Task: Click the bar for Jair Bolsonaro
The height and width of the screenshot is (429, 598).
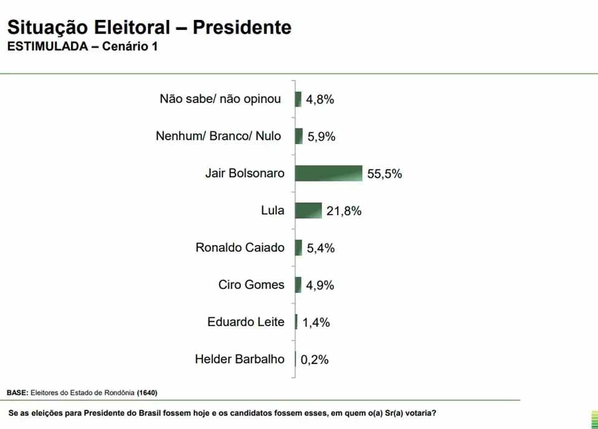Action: (328, 173)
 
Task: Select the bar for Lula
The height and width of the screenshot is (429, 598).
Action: (308, 211)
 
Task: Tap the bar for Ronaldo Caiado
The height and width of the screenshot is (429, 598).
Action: (299, 248)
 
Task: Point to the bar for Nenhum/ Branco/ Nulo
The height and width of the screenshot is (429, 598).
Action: (299, 136)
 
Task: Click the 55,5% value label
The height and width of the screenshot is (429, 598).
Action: (384, 174)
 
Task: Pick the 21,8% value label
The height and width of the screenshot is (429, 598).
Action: (344, 211)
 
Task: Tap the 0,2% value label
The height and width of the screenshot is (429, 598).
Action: (315, 360)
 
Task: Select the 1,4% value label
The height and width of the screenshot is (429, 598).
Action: (316, 322)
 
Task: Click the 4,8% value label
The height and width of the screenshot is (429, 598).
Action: (320, 99)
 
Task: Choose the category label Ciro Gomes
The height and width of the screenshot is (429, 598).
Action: (251, 285)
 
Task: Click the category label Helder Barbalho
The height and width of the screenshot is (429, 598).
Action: (239, 359)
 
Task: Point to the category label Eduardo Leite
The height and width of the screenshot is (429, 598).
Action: (245, 322)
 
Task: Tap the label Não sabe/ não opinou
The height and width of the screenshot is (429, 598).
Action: (220, 99)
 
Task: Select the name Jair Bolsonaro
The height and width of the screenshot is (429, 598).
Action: (244, 173)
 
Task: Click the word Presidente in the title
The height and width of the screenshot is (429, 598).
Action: (242, 27)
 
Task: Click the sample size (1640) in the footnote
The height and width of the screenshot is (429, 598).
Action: (148, 393)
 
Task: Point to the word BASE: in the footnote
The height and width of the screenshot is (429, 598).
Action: (17, 393)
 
